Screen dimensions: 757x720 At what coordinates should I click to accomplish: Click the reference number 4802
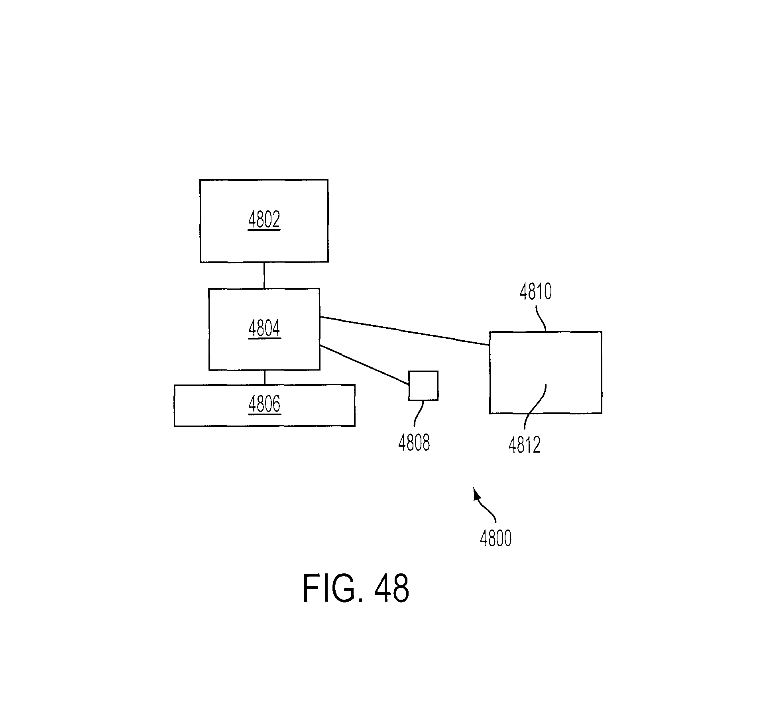coord(264,220)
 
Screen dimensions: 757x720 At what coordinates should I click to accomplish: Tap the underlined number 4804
coord(264,329)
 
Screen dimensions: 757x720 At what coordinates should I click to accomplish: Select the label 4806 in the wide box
coord(264,405)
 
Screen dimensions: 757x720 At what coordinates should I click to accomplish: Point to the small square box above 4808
coord(423,386)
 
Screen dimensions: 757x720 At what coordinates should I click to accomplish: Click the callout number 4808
coord(414,443)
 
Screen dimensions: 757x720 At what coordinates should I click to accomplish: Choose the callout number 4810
coord(536,292)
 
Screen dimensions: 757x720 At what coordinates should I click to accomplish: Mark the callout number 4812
coord(525,445)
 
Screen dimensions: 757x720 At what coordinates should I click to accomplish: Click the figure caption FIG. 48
coord(356,589)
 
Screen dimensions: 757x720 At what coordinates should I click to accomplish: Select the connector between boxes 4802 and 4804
coord(264,275)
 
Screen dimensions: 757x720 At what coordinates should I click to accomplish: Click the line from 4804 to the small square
coord(364,365)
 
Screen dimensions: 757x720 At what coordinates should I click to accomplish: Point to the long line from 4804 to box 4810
coord(405,331)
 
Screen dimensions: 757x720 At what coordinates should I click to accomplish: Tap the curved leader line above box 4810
coord(541,318)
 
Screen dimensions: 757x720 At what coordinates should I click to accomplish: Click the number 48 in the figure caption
coord(391,589)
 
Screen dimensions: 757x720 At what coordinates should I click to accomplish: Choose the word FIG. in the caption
coord(333,589)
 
